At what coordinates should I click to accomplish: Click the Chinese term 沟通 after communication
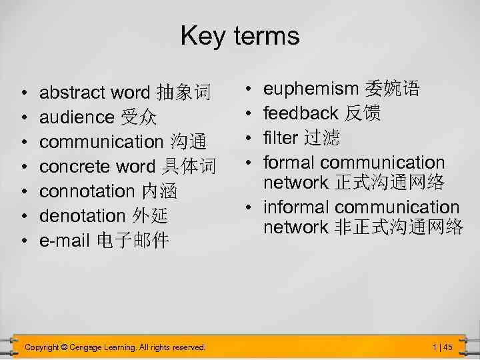[x=188, y=141]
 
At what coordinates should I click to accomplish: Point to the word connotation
[x=87, y=191]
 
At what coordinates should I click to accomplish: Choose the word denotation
[x=82, y=215]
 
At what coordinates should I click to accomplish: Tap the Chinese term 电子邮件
[x=133, y=240]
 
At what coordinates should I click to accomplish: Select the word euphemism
[x=311, y=89]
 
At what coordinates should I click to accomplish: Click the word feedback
[x=301, y=113]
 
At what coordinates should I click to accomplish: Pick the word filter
[x=281, y=138]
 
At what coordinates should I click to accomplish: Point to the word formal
[x=289, y=162]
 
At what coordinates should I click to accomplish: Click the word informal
[x=297, y=207]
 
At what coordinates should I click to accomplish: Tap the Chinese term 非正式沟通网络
[x=397, y=227]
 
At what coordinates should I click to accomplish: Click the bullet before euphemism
[x=248, y=89]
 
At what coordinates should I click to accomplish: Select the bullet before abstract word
[x=23, y=92]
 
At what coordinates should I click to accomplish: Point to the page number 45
[x=447, y=347]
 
